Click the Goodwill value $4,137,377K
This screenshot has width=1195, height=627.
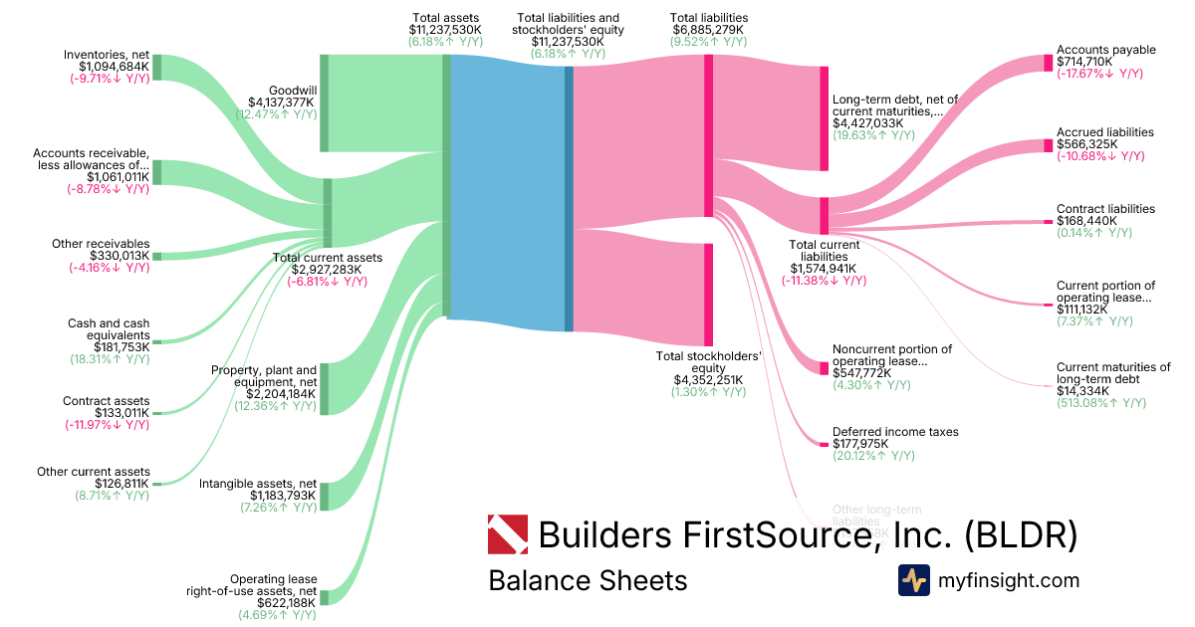point(282,102)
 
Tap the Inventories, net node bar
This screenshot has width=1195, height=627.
point(156,67)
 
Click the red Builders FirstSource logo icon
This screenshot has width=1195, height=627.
point(507,534)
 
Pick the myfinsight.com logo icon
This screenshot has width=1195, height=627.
point(913,580)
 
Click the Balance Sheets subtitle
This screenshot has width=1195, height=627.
point(587,580)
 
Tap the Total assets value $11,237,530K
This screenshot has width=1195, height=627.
point(446,31)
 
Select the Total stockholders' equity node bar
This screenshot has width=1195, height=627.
point(708,294)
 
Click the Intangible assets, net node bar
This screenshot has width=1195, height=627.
point(324,496)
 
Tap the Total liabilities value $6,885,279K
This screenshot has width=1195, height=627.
point(708,31)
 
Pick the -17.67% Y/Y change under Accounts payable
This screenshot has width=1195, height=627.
point(1099,74)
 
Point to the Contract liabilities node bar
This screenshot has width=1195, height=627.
point(1048,221)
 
